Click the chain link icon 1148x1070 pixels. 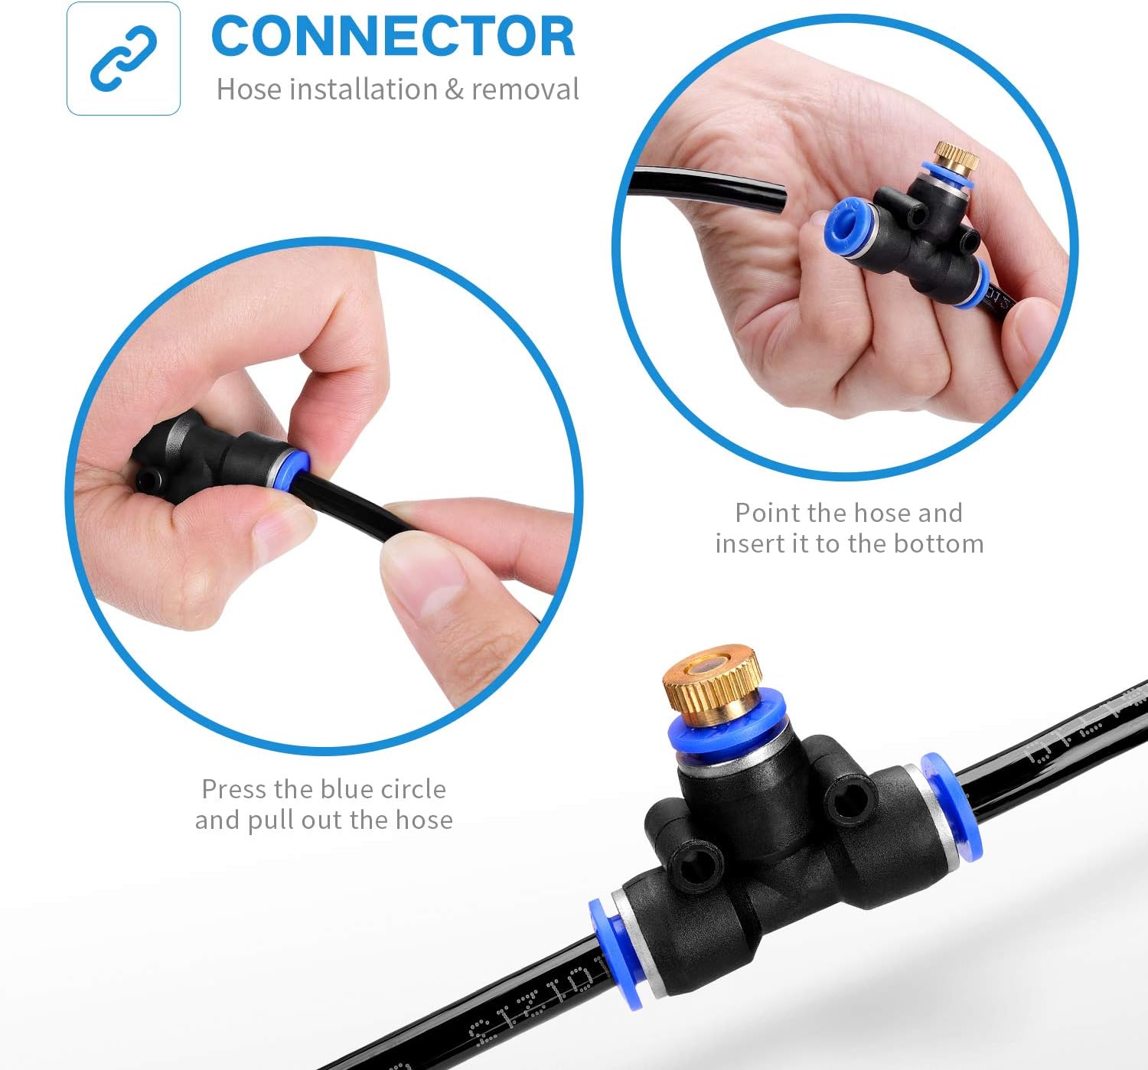click(x=123, y=59)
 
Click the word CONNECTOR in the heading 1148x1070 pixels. click(x=393, y=37)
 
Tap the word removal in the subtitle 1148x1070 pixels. click(x=525, y=90)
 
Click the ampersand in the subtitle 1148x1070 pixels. click(x=454, y=90)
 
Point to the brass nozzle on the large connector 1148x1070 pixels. click(x=712, y=678)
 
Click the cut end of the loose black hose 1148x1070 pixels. click(x=777, y=197)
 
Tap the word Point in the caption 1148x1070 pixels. click(x=768, y=513)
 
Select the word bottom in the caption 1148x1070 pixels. click(x=938, y=544)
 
